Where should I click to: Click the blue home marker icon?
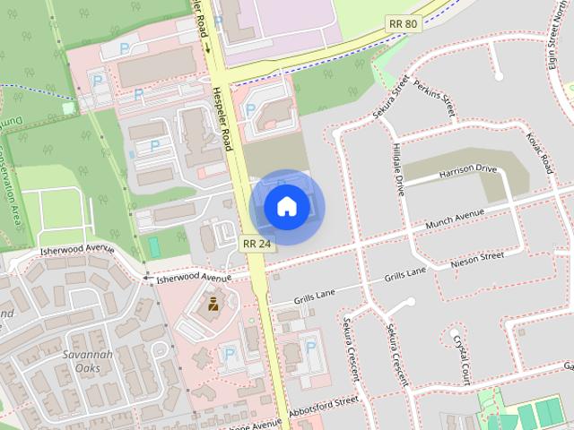point(286,207)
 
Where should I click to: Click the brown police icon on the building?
point(213,305)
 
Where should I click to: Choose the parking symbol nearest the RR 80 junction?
point(250,109)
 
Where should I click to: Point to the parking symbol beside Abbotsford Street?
point(310,346)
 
